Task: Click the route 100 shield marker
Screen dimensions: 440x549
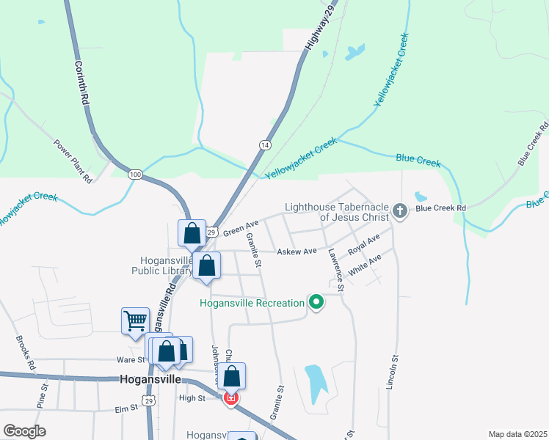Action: (x=134, y=175)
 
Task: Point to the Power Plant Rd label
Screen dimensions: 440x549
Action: (x=73, y=161)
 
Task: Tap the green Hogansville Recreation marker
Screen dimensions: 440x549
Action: (x=316, y=302)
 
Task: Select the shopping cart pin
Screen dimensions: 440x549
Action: (x=136, y=320)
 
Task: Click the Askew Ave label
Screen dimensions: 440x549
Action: (x=297, y=252)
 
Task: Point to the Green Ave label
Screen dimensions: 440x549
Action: (x=241, y=227)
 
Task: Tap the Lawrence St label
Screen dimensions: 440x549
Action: (x=337, y=270)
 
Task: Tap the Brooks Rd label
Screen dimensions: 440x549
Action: (x=25, y=353)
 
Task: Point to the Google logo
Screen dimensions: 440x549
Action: (x=25, y=431)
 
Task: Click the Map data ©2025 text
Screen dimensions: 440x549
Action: (x=517, y=434)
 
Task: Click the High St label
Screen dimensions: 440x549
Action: (x=192, y=398)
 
